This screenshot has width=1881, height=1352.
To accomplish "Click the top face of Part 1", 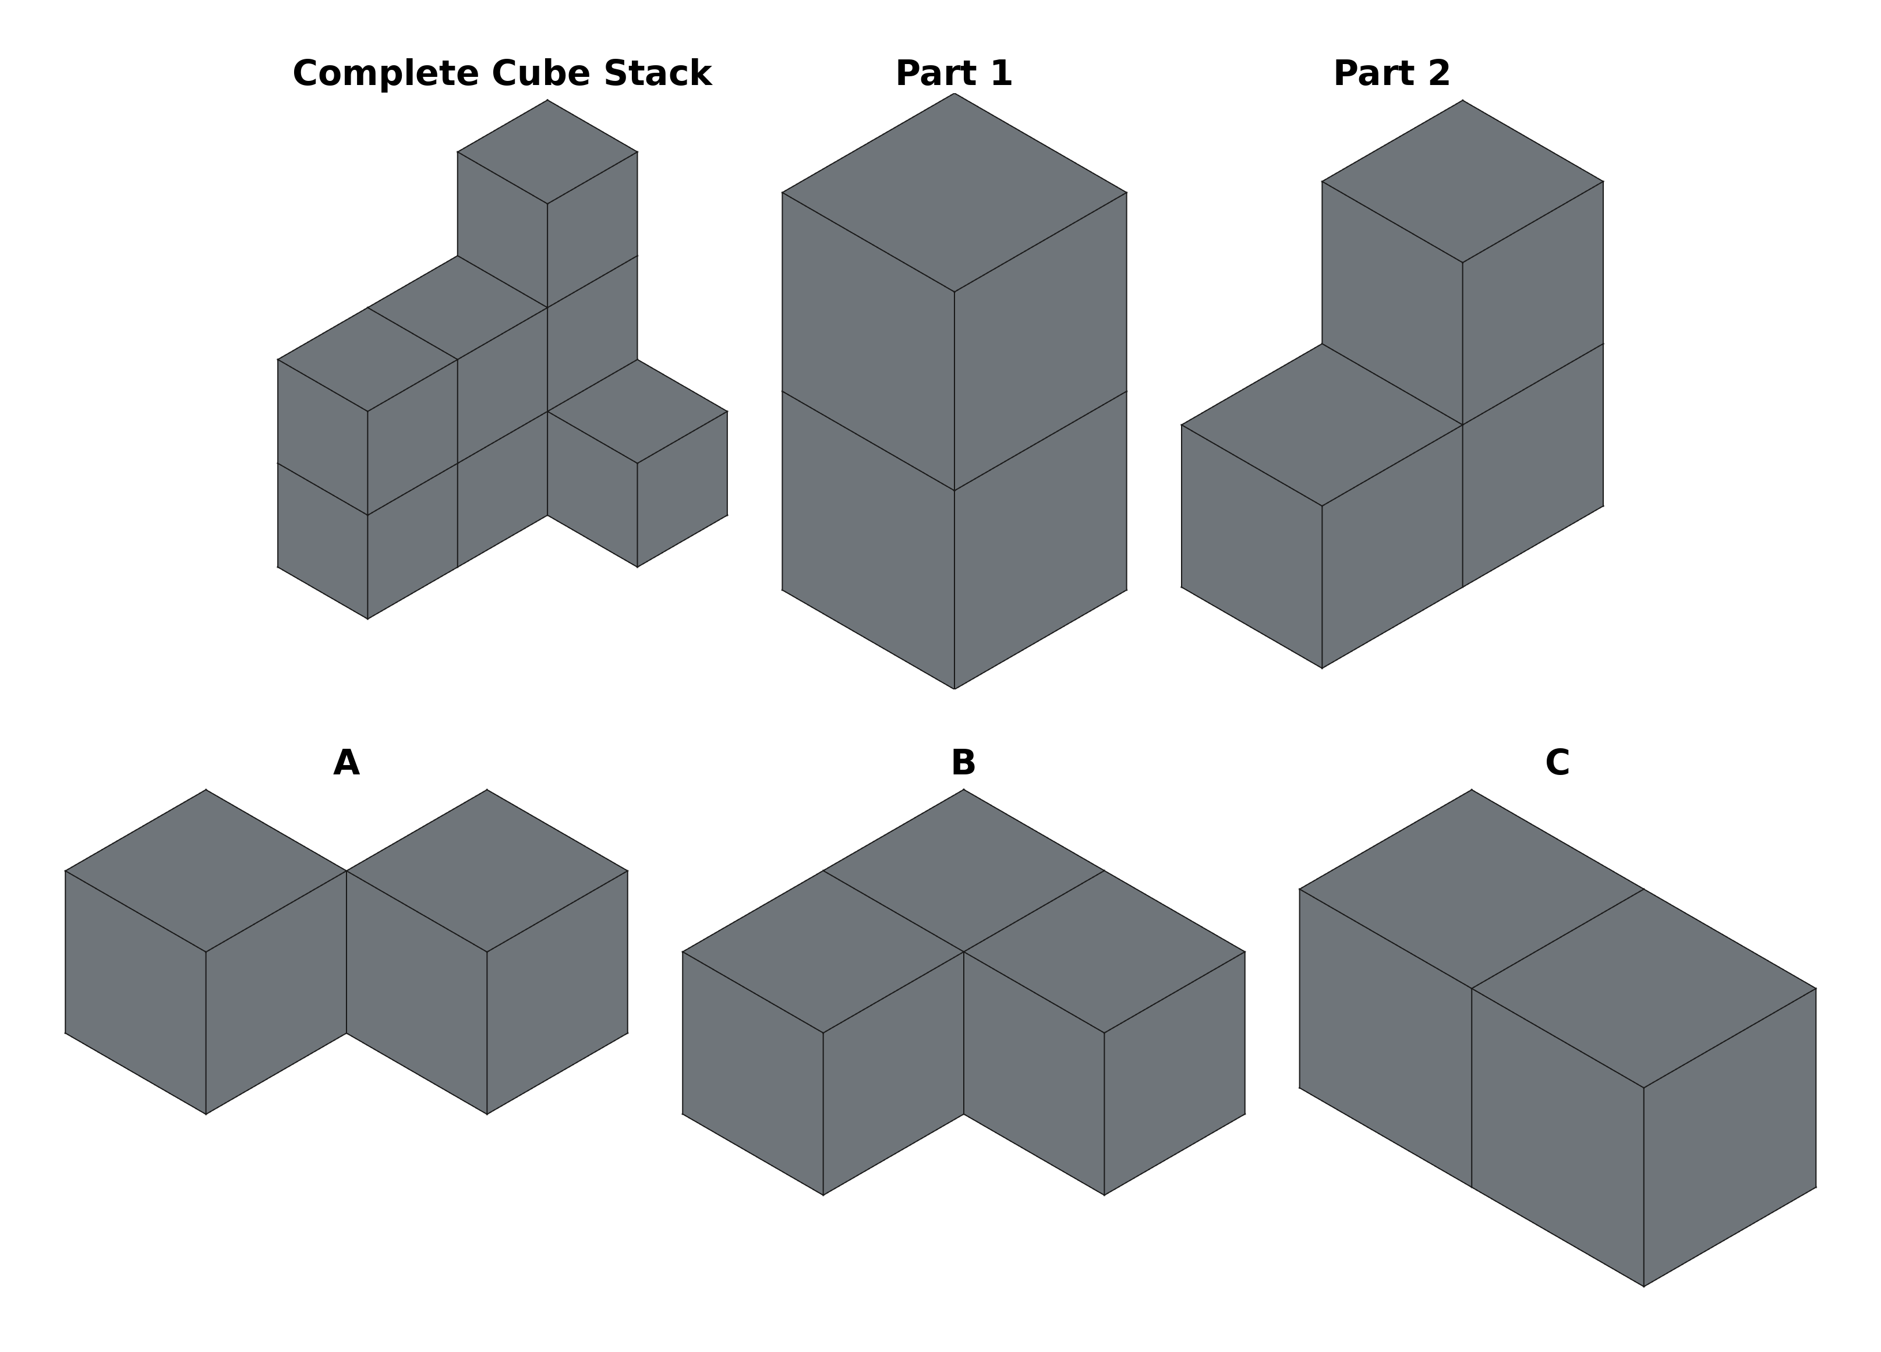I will coord(954,192).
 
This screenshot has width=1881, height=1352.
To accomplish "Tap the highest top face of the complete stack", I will coord(547,152).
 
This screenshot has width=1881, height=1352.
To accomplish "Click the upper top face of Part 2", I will coord(1462,181).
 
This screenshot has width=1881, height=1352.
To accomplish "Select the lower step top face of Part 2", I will coord(1322,424).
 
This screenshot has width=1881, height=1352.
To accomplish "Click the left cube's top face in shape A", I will coord(206,871).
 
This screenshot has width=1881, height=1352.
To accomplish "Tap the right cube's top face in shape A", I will coord(487,871).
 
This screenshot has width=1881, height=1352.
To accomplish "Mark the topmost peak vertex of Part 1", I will coord(954,94).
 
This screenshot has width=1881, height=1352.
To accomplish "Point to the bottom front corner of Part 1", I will coord(954,688).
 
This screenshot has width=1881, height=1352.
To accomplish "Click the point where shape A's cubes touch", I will coord(346,871).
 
